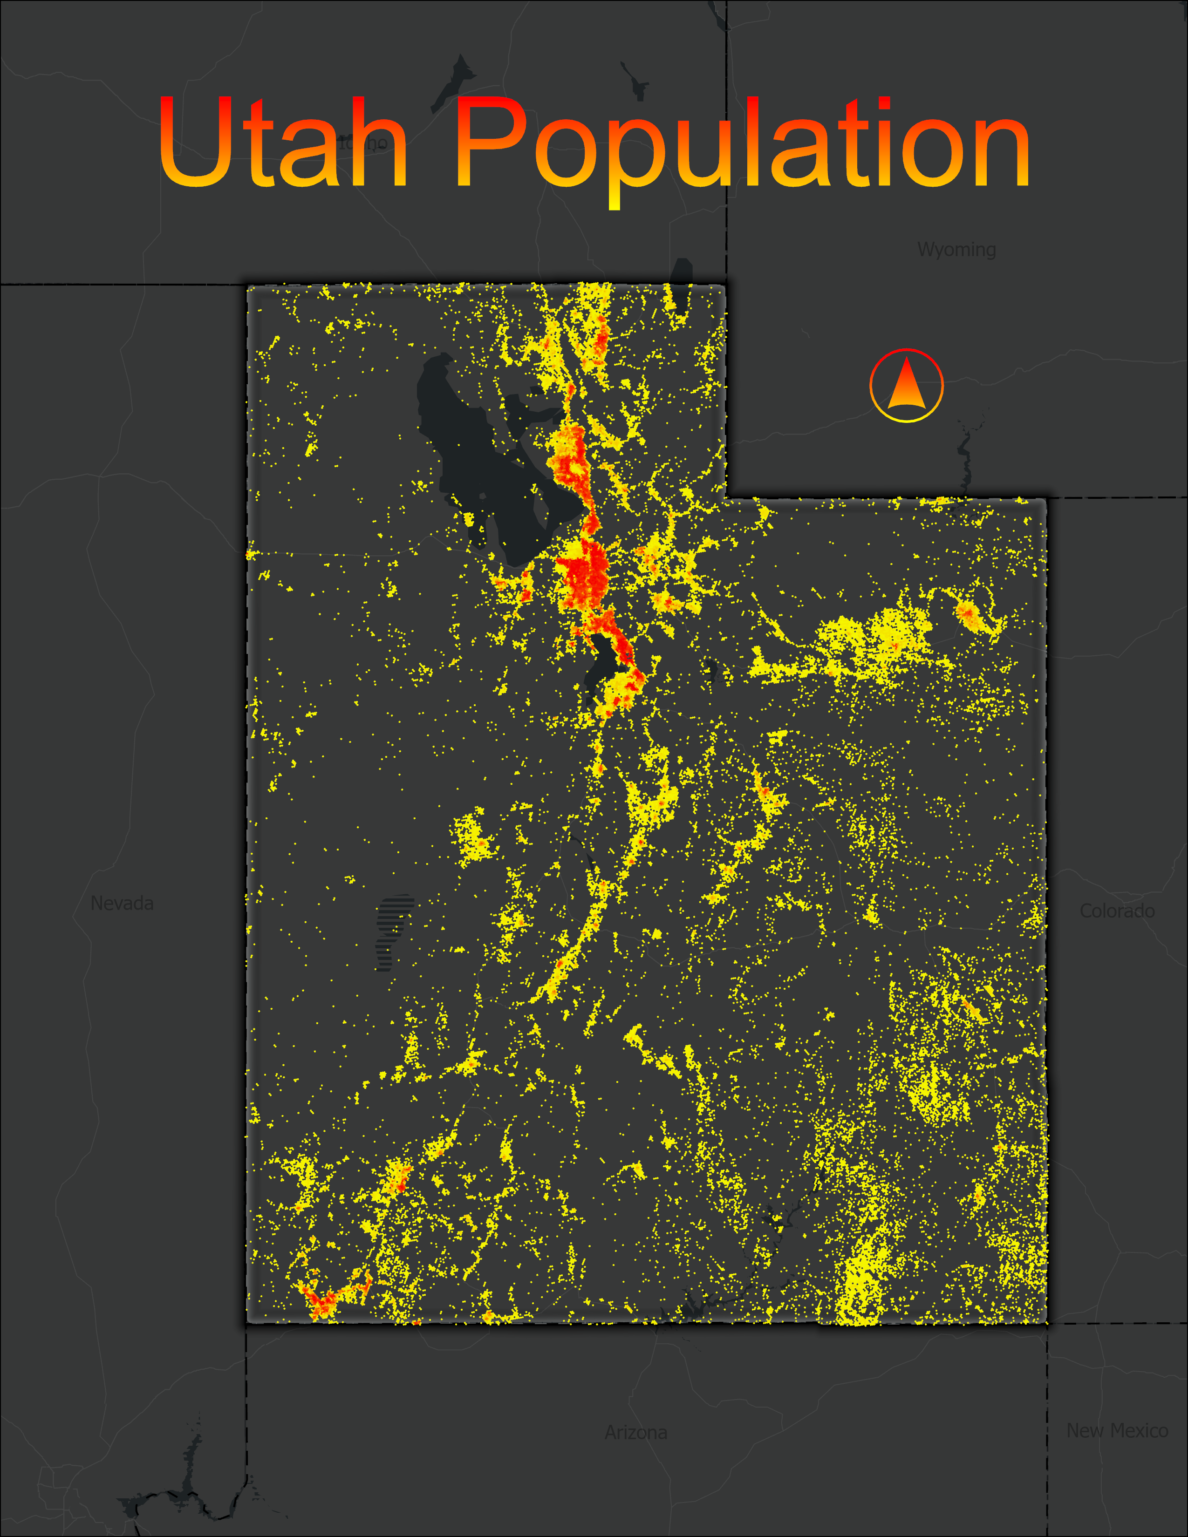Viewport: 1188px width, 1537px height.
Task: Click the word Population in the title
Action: [743, 148]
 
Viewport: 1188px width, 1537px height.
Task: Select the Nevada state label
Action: [122, 903]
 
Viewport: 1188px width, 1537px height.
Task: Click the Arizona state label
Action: [635, 1432]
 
